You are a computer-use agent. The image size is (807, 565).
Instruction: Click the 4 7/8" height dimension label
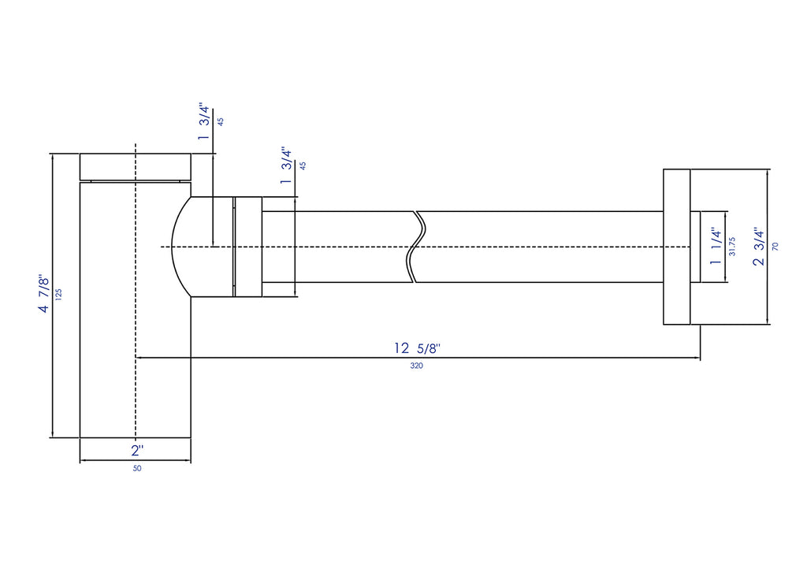(x=44, y=295)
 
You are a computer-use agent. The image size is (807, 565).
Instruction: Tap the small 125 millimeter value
(x=58, y=295)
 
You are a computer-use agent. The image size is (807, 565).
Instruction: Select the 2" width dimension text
(x=137, y=451)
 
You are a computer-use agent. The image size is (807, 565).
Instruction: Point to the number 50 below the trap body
(x=137, y=468)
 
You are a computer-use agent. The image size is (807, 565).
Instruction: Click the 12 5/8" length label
(x=418, y=348)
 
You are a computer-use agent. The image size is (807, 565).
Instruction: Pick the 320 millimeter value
(x=417, y=366)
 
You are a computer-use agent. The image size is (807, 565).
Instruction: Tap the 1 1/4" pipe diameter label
(x=716, y=247)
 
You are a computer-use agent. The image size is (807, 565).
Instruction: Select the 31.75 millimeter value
(x=732, y=247)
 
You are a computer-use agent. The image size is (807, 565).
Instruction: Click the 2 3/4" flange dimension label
(x=759, y=247)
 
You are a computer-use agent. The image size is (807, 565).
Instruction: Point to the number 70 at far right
(x=775, y=247)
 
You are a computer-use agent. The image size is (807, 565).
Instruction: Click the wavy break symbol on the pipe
(x=416, y=247)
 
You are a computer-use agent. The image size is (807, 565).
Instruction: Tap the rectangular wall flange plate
(x=677, y=247)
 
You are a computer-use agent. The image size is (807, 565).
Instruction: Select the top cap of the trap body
(x=136, y=167)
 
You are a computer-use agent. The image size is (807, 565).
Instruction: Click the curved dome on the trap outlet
(x=180, y=247)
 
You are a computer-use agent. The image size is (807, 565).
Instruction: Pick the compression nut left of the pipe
(x=248, y=247)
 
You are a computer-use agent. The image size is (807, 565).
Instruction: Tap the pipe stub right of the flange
(x=695, y=247)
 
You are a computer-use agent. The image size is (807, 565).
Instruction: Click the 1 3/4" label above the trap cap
(x=204, y=122)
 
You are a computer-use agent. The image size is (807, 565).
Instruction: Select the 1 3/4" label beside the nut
(x=286, y=165)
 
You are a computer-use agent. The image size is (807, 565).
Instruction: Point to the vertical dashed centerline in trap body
(x=136, y=296)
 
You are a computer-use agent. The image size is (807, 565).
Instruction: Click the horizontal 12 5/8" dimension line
(x=418, y=357)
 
